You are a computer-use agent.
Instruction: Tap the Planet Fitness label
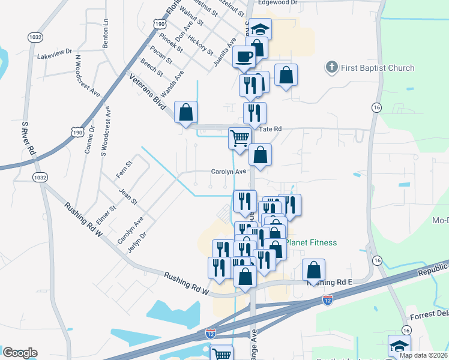click(x=310, y=242)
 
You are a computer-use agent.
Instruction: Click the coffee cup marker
click(x=244, y=57)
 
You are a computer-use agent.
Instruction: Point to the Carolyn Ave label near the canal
click(x=229, y=171)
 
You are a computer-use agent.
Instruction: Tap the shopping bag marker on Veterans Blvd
click(x=186, y=112)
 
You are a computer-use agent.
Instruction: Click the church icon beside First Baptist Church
click(x=332, y=67)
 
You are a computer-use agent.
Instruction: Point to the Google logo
click(x=19, y=353)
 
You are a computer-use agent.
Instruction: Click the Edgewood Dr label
click(x=277, y=3)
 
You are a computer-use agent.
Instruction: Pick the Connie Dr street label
click(x=89, y=140)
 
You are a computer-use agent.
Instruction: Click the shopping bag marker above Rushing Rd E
click(x=313, y=270)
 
